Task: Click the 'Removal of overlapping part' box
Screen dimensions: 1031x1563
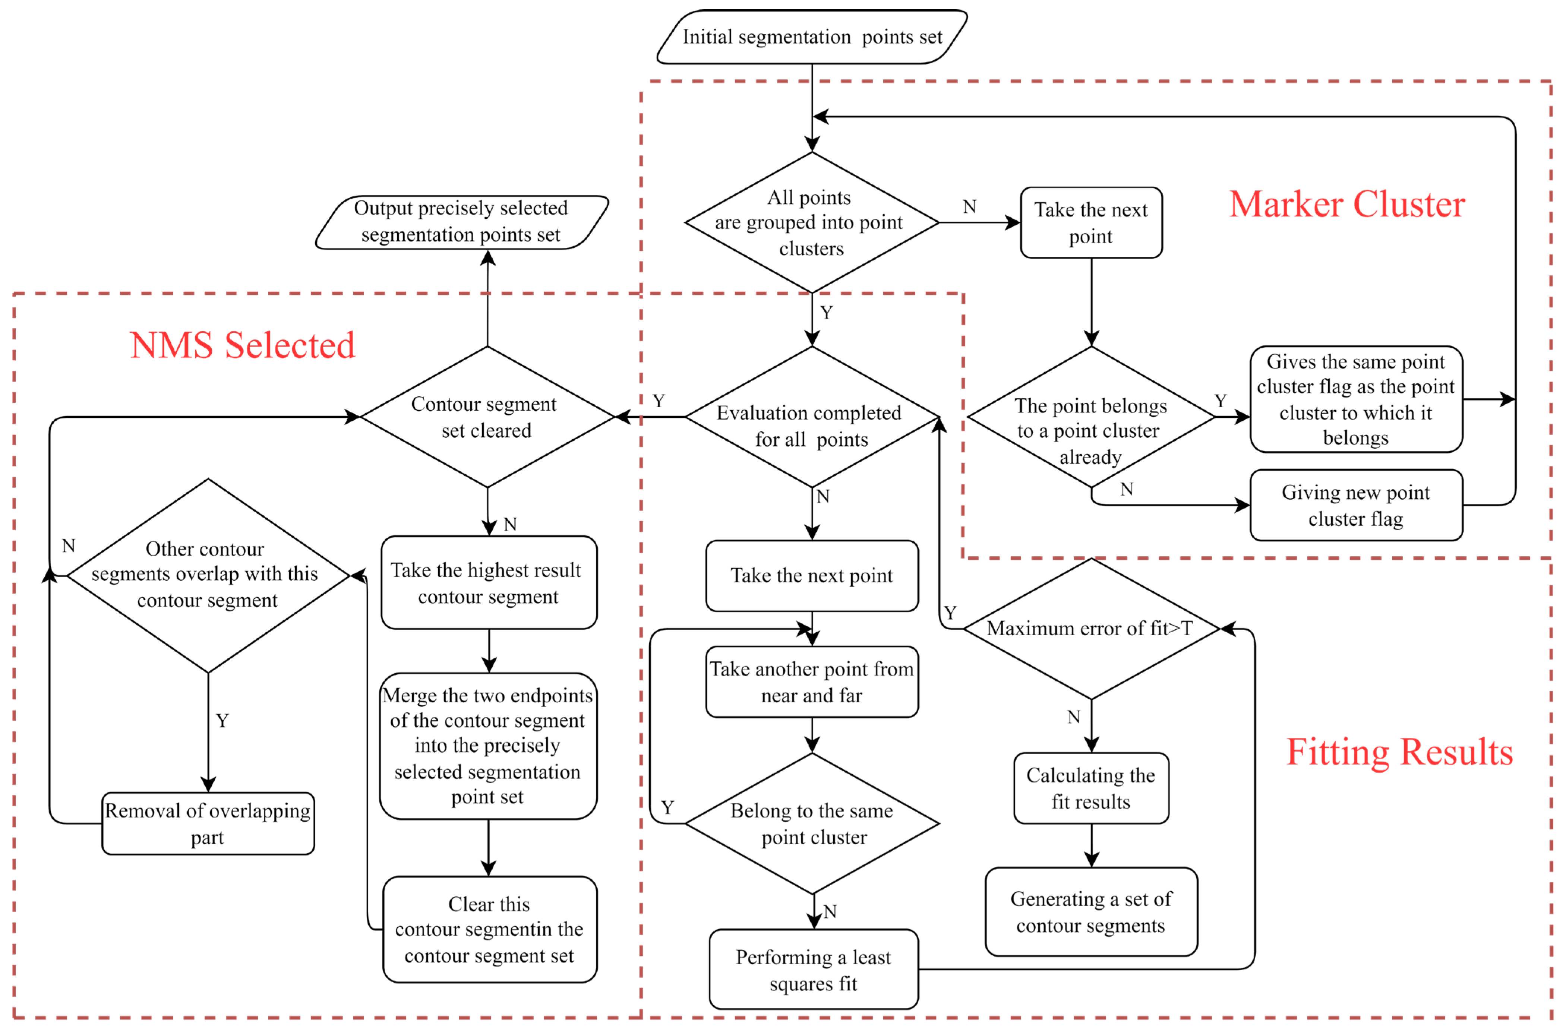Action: (x=208, y=823)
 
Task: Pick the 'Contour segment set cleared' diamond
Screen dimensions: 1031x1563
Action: (x=487, y=417)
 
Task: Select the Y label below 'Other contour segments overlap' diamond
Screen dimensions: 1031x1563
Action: (x=222, y=721)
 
